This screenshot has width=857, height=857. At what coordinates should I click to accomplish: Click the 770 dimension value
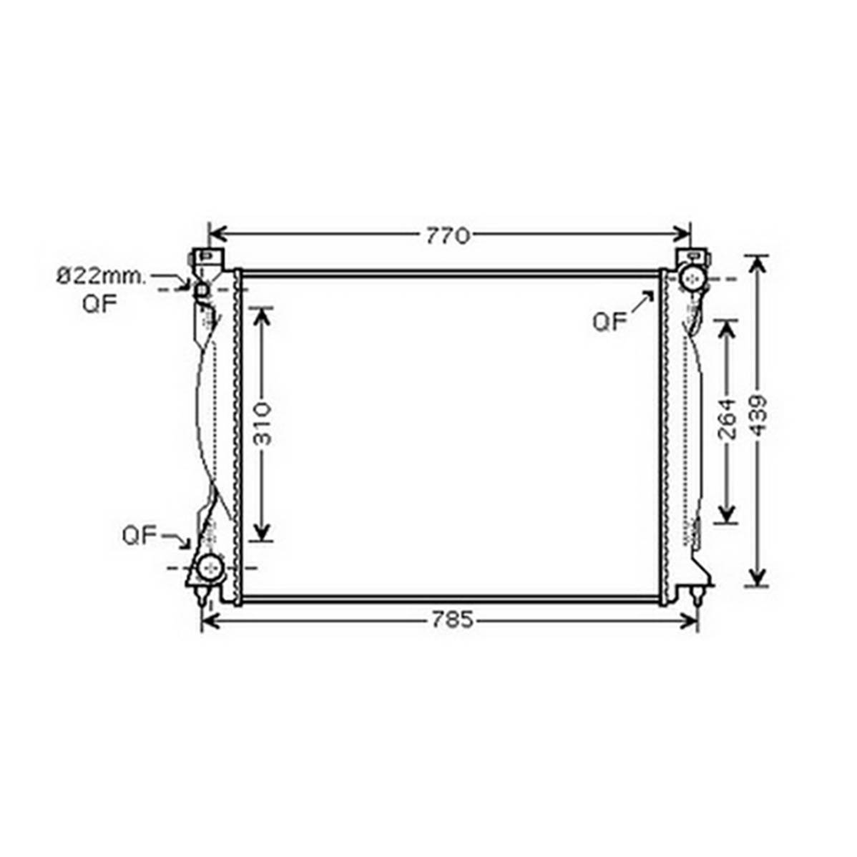(448, 236)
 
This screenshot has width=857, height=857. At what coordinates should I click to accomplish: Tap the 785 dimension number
(452, 620)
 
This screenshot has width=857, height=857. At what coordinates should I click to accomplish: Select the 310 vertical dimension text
(263, 424)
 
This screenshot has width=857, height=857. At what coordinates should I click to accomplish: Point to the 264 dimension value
(727, 419)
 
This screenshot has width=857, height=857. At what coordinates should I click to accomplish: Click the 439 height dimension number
(758, 416)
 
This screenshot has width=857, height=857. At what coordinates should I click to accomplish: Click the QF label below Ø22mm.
(100, 304)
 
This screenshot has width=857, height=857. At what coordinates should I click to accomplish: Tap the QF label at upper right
(609, 322)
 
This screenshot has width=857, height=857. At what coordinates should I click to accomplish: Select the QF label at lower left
(140, 535)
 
